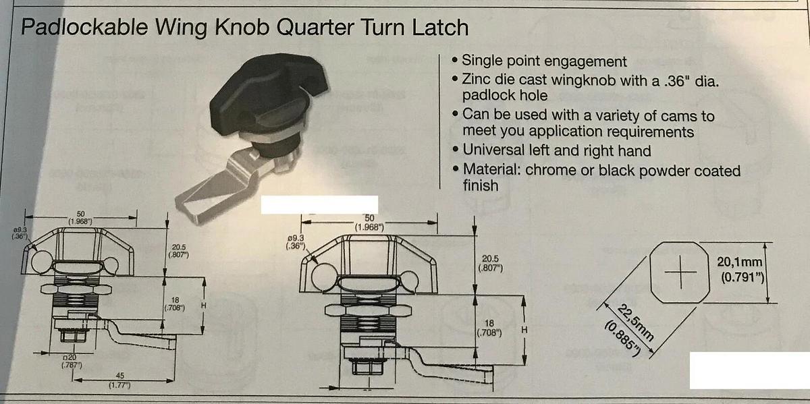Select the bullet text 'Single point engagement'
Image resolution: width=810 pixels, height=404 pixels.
[x=545, y=61]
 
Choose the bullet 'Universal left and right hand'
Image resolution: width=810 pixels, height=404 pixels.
[x=557, y=150]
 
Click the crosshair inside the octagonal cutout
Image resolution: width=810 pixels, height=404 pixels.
[x=681, y=272]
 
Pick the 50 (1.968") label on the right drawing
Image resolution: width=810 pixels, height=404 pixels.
[x=369, y=222]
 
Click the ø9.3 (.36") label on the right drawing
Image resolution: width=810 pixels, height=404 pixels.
[x=296, y=241]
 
